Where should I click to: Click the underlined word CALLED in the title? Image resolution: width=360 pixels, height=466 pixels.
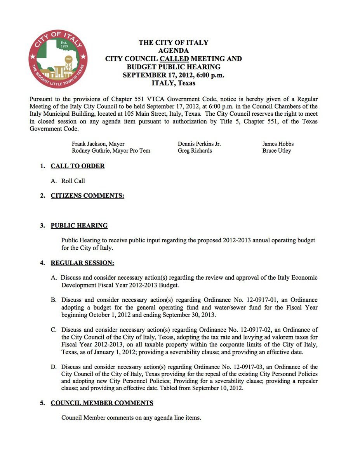174,59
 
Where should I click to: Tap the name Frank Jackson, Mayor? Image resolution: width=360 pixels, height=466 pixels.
98,144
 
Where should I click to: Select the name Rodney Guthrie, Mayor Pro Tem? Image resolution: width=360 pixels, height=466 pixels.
111,151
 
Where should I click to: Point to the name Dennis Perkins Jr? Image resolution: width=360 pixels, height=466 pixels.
199,144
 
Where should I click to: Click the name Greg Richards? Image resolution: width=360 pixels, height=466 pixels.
195,151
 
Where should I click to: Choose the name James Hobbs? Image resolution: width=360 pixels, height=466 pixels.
278,144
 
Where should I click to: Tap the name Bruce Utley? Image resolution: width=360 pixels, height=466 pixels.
277,151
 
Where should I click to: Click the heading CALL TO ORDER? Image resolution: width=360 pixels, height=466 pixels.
78,166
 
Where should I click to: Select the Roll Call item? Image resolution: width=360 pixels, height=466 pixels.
73,181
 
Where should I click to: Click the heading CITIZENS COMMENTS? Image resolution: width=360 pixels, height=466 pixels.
87,196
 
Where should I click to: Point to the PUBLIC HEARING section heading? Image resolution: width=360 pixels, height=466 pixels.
79,226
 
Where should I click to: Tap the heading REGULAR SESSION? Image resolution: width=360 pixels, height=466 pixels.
82,263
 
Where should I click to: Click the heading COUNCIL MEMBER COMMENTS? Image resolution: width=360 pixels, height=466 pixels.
102,403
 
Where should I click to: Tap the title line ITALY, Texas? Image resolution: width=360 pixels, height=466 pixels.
174,83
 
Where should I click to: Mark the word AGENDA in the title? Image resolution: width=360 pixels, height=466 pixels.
174,51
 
